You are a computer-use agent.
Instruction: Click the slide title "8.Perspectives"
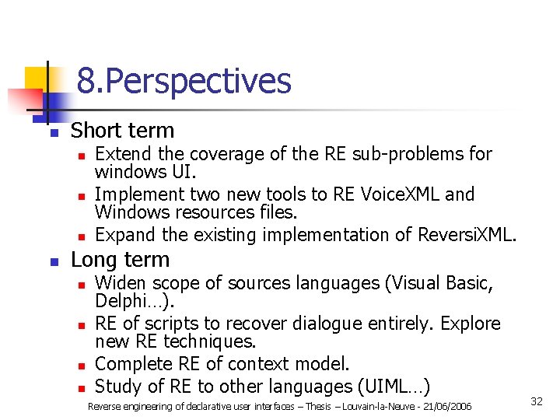[x=184, y=81]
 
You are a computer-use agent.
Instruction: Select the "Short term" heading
[x=122, y=131]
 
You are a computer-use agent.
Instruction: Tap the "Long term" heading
[x=120, y=260]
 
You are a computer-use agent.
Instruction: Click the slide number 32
[x=536, y=401]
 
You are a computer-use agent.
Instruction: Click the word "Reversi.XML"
[x=464, y=234]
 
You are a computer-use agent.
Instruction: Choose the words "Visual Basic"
[x=445, y=283]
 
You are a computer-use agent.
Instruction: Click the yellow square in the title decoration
[x=37, y=79]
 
